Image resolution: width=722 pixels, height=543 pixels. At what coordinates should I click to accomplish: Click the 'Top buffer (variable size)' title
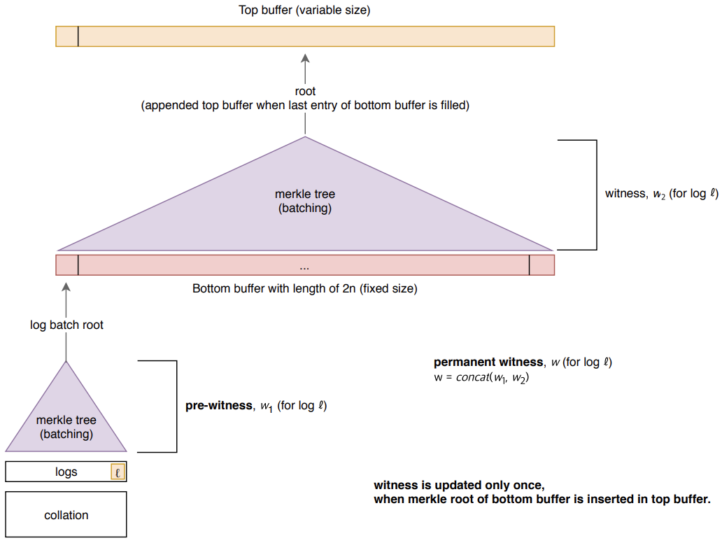[304, 10]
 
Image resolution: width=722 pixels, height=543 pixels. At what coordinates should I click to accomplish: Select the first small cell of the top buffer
[67, 36]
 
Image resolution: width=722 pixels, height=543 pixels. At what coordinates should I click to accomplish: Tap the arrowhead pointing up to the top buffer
[305, 59]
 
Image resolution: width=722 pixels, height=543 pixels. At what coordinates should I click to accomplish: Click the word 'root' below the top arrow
[305, 91]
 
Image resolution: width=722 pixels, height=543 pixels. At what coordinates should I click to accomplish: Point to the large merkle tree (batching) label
[305, 201]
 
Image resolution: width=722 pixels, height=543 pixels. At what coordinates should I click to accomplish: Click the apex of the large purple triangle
[305, 136]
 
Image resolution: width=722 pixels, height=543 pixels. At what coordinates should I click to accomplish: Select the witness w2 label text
[661, 194]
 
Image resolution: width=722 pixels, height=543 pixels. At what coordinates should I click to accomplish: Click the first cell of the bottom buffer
[67, 265]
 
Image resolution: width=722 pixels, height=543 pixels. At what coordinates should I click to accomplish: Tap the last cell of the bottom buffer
[542, 265]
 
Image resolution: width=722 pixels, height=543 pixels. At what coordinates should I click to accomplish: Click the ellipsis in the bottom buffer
[304, 267]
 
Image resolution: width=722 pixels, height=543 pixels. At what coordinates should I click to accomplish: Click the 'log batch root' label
[66, 325]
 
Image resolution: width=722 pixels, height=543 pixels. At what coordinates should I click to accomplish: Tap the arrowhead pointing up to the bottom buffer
[66, 288]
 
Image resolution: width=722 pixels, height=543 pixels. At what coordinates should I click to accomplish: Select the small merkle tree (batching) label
[66, 427]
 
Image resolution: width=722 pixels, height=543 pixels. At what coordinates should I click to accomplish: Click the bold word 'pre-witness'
[219, 405]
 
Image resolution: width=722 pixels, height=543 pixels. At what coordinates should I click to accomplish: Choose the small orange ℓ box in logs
[118, 472]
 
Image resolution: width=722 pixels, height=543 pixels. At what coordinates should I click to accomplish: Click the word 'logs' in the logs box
[66, 472]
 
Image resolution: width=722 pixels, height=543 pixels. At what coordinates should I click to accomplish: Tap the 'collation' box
[66, 514]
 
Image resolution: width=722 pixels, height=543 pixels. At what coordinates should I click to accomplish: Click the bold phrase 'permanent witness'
[488, 362]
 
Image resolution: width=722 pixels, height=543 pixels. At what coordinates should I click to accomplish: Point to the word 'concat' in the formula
[473, 377]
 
